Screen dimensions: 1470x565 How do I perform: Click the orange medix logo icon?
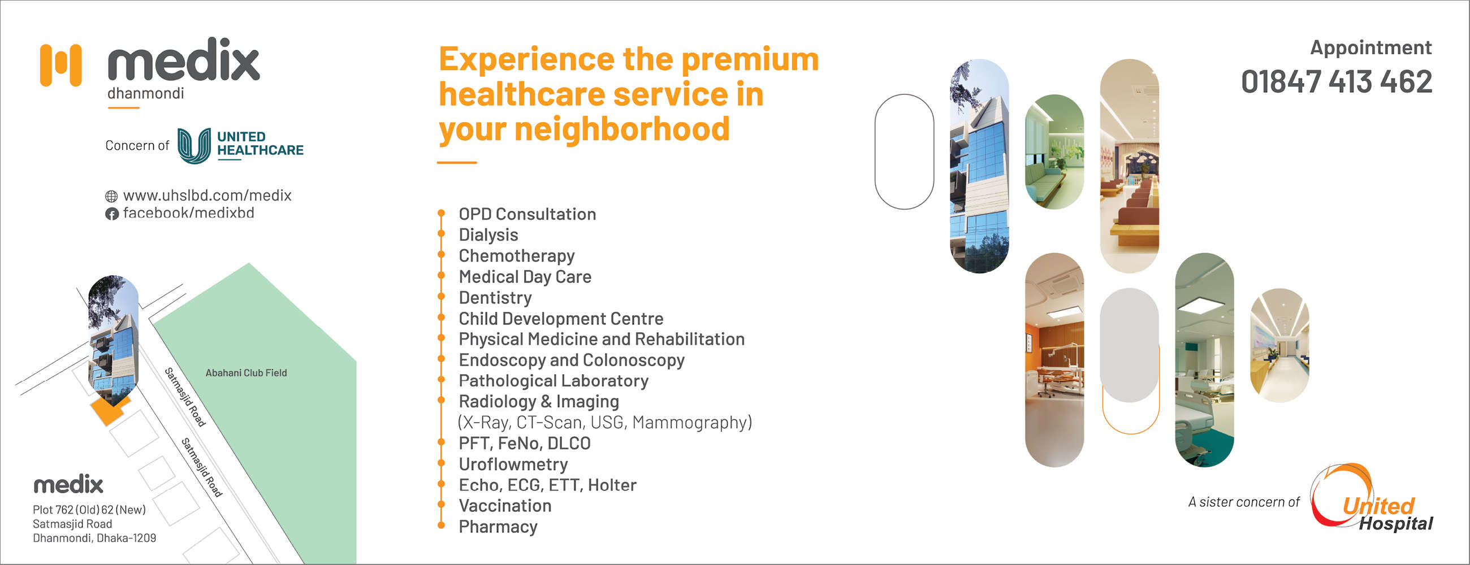tap(60, 65)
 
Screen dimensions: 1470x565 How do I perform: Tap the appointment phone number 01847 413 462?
tap(1337, 81)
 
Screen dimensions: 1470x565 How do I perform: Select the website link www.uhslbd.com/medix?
tap(207, 195)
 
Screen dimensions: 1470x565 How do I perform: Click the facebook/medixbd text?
tap(188, 213)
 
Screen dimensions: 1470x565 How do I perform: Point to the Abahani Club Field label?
tap(246, 373)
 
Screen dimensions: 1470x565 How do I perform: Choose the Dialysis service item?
tap(488, 235)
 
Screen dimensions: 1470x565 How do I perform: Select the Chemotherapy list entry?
tap(516, 256)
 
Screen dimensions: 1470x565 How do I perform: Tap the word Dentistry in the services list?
tap(495, 298)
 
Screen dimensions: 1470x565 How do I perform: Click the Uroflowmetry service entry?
tap(513, 464)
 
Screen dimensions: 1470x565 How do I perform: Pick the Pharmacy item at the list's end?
tap(498, 527)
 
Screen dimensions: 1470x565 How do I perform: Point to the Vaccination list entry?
tap(505, 506)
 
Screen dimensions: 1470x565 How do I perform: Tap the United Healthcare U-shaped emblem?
tap(194, 145)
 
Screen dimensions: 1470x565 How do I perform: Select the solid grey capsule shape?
tap(1129, 345)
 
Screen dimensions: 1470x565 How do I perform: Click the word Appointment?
tap(1370, 47)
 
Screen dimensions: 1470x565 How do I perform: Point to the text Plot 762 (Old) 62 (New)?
tap(89, 510)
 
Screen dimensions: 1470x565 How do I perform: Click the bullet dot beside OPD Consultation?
tap(441, 213)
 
